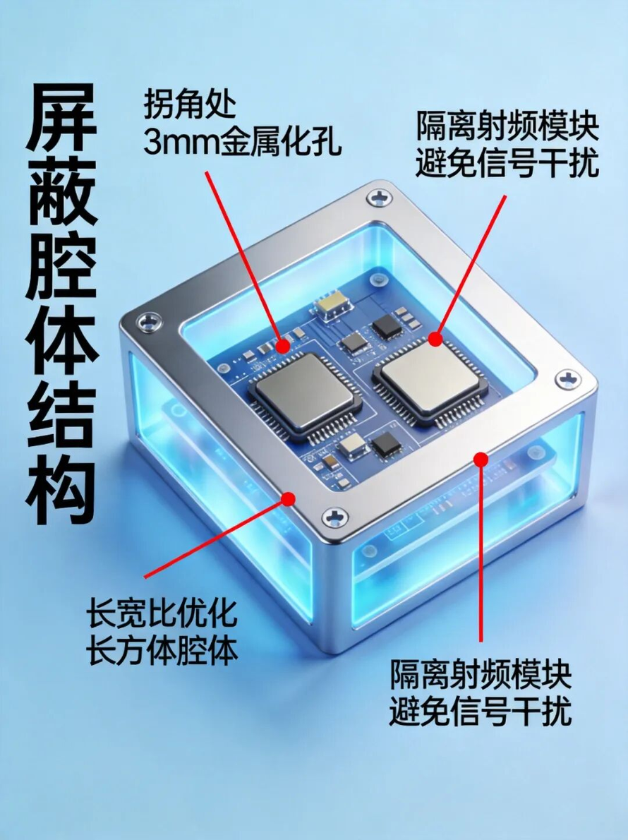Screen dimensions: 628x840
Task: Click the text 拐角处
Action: pyautogui.click(x=190, y=104)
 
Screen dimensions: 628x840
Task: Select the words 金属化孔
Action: pyautogui.click(x=280, y=141)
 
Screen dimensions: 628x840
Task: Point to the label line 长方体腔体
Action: pyautogui.click(x=162, y=651)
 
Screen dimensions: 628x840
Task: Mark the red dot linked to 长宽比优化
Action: pyautogui.click(x=289, y=499)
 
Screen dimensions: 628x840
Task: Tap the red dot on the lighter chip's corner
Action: pyautogui.click(x=435, y=339)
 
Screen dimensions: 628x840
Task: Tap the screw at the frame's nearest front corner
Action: pyautogui.click(x=335, y=517)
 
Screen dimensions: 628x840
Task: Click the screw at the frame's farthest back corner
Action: pyautogui.click(x=380, y=197)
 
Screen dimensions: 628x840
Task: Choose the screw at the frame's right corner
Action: pyautogui.click(x=567, y=379)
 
